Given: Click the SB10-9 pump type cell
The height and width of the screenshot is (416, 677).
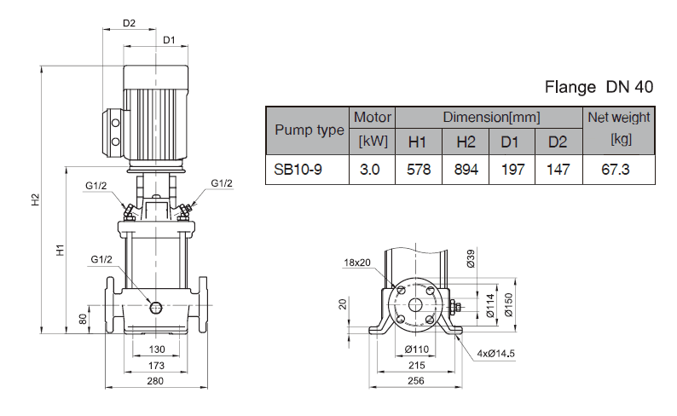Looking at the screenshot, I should tap(298, 170).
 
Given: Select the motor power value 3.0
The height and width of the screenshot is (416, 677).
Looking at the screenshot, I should tap(370, 170).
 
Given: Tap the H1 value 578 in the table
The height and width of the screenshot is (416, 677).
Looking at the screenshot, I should tap(418, 170).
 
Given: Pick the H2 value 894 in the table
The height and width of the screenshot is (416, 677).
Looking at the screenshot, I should tap(466, 170).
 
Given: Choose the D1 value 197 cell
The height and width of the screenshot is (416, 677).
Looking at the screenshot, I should tap(512, 170).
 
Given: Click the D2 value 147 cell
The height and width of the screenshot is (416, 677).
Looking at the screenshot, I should tap(558, 170).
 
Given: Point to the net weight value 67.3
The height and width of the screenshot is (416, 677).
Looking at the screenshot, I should tap(616, 170).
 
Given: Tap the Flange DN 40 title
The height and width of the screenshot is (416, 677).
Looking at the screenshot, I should tap(599, 88).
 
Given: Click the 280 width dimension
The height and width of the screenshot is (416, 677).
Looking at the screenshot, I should tap(154, 380).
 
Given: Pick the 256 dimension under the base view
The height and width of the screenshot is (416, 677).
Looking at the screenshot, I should tap(415, 380).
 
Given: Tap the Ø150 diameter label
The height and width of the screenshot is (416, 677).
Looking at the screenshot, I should tap(507, 303).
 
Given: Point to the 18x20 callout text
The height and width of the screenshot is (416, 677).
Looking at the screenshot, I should tap(358, 262).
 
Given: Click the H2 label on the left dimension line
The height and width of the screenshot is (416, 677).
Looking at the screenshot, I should tap(35, 200).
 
